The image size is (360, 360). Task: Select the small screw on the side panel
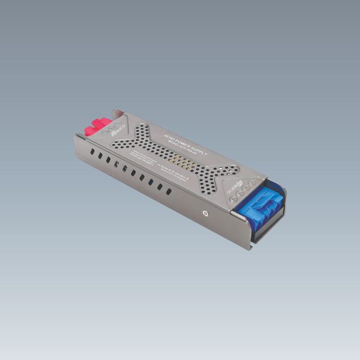coord(206,213)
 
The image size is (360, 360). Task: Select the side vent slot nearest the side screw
coord(169,191)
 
